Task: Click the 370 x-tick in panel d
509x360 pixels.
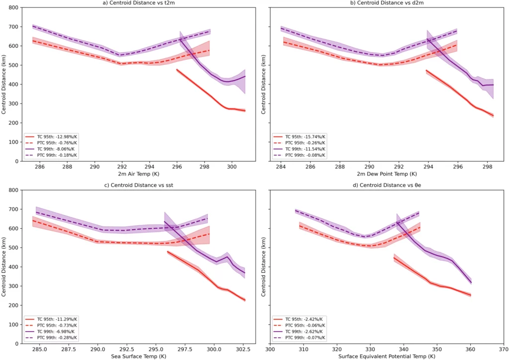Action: [504, 350]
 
